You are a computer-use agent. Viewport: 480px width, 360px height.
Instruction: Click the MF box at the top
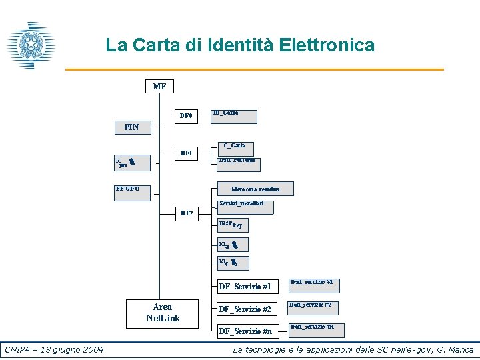tap(159, 87)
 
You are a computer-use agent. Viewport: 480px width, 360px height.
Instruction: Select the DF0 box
tap(186, 116)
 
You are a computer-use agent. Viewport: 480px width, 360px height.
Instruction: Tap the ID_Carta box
tap(234, 116)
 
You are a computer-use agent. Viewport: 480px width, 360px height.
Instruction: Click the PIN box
tap(132, 127)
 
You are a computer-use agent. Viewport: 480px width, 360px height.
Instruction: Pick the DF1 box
tap(186, 153)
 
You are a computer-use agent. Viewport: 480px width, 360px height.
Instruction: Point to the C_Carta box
tap(234, 145)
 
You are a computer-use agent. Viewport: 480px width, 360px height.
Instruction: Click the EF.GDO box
tap(132, 190)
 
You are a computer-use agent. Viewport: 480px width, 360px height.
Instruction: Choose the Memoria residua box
tap(255, 189)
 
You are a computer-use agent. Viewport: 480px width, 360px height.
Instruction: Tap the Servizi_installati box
tap(246, 206)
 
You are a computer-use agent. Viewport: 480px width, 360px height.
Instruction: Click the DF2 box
tap(186, 213)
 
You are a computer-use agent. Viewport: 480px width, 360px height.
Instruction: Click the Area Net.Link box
tap(163, 313)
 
